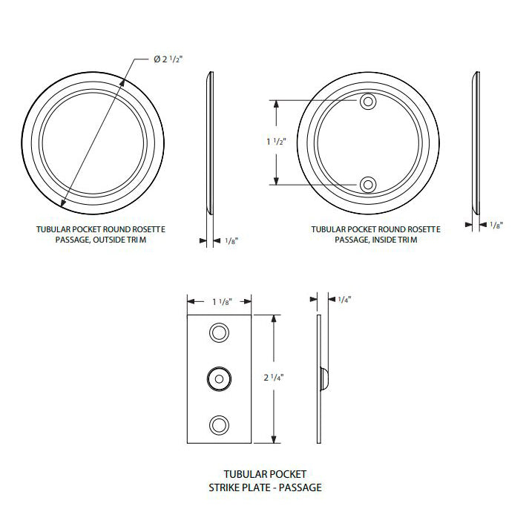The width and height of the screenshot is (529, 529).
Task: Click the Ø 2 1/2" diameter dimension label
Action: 168,59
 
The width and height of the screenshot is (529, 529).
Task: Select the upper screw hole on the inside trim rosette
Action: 367,102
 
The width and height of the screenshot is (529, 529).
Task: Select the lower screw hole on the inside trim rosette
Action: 367,184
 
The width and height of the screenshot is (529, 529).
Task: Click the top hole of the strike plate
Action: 219,332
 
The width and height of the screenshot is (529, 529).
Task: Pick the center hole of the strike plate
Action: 219,378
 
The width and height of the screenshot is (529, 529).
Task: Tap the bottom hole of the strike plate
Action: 219,424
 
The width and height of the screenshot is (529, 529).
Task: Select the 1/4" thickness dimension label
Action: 344,300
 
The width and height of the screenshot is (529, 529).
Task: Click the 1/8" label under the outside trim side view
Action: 231,240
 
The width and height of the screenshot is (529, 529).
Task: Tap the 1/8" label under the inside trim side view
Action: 496,225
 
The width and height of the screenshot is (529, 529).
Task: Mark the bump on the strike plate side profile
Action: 325,378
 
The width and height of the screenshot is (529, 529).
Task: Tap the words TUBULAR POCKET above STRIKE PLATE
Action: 265,473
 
